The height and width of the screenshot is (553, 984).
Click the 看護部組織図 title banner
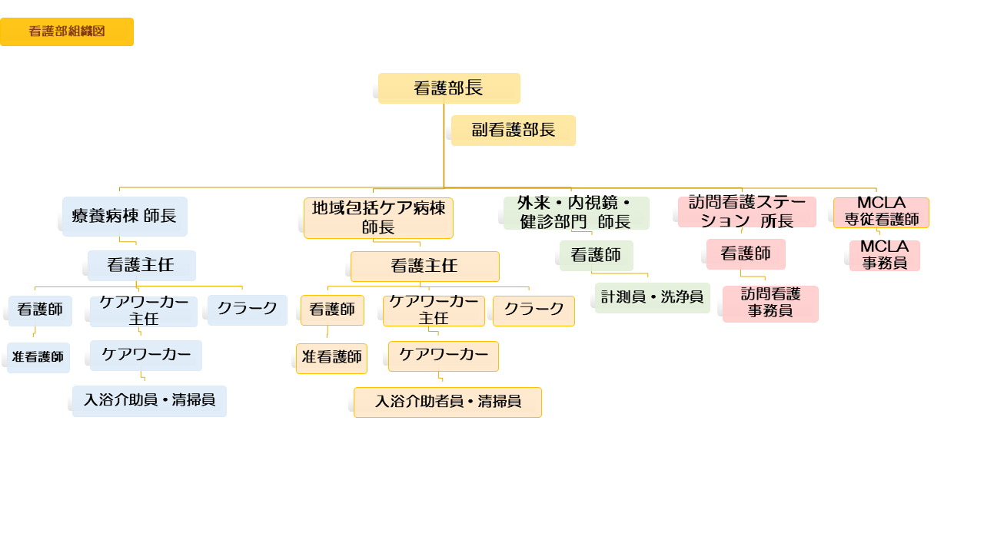coord(67,31)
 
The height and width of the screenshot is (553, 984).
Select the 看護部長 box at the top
coord(449,88)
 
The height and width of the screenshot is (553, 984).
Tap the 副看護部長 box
coord(514,131)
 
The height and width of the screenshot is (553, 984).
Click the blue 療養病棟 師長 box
coord(125,216)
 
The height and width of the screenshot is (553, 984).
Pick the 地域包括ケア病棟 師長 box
coord(378,218)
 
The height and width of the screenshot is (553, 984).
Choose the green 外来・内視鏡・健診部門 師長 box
coord(576,213)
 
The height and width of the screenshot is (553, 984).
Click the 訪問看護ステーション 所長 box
coord(746,212)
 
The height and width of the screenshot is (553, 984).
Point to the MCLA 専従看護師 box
coord(881,213)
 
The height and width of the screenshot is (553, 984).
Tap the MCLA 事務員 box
coord(884,256)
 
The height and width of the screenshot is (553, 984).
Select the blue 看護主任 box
coord(141,266)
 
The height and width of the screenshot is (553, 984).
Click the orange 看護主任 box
coord(424,267)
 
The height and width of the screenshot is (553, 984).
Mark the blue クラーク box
coord(247,310)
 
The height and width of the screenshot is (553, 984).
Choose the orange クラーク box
coord(534,311)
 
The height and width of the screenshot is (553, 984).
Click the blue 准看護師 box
coord(38,358)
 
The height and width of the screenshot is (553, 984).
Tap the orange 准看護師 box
coord(331,359)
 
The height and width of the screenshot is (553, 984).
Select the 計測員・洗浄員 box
coord(652,298)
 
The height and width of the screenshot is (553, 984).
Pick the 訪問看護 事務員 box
coord(770,304)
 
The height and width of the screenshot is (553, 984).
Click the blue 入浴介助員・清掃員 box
coord(149,401)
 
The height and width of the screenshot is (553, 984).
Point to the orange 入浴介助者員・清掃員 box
coord(447,402)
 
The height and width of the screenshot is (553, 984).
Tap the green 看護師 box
coord(596,256)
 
